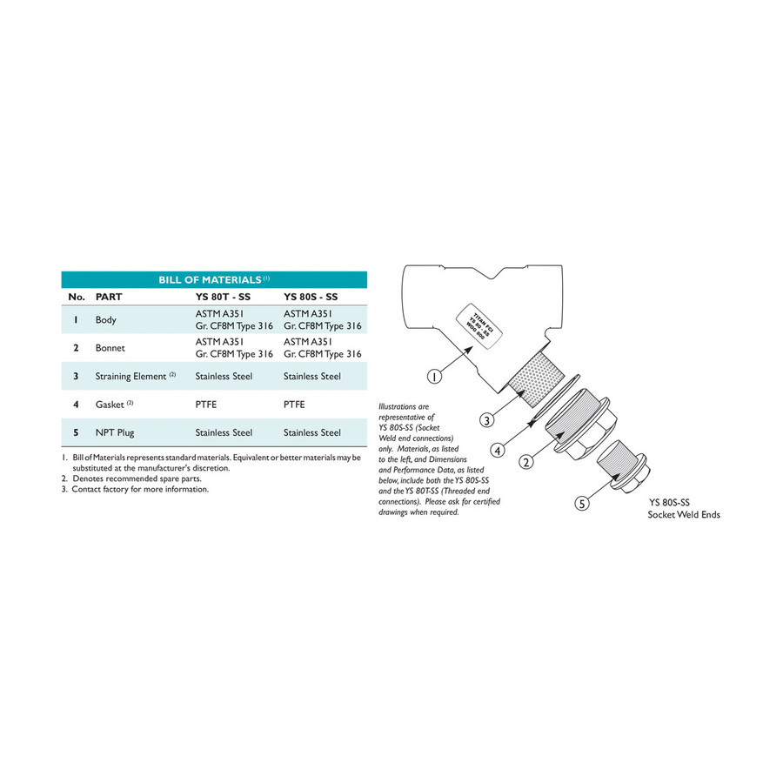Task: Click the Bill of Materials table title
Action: point(214,280)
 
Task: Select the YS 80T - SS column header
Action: point(224,297)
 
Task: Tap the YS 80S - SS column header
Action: point(311,297)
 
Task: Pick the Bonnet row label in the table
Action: point(110,348)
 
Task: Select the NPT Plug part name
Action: point(115,432)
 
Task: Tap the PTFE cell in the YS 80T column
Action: point(207,405)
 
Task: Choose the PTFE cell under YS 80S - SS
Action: point(296,405)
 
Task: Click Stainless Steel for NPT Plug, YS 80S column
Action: point(312,432)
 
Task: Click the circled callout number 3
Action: point(489,420)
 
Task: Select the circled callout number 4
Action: point(498,451)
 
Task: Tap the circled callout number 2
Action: point(525,462)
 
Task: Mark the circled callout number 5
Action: point(581,503)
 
